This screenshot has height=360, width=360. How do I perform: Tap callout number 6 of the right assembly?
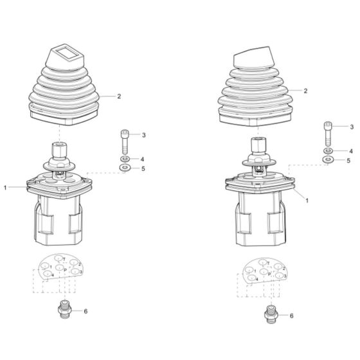pyautogui.click(x=291, y=316)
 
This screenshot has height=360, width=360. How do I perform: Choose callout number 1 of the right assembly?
pyautogui.click(x=307, y=201)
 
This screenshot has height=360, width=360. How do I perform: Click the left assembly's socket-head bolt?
pyautogui.click(x=123, y=140)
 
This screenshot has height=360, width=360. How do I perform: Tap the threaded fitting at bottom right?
pyautogui.click(x=270, y=315)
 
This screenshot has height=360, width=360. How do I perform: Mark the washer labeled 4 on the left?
pyautogui.click(x=123, y=158)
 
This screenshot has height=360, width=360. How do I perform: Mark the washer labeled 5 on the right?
pyautogui.click(x=328, y=160)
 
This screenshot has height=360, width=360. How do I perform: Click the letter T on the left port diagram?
pyautogui.click(x=64, y=258)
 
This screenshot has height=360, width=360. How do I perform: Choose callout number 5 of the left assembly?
pyautogui.click(x=144, y=169)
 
